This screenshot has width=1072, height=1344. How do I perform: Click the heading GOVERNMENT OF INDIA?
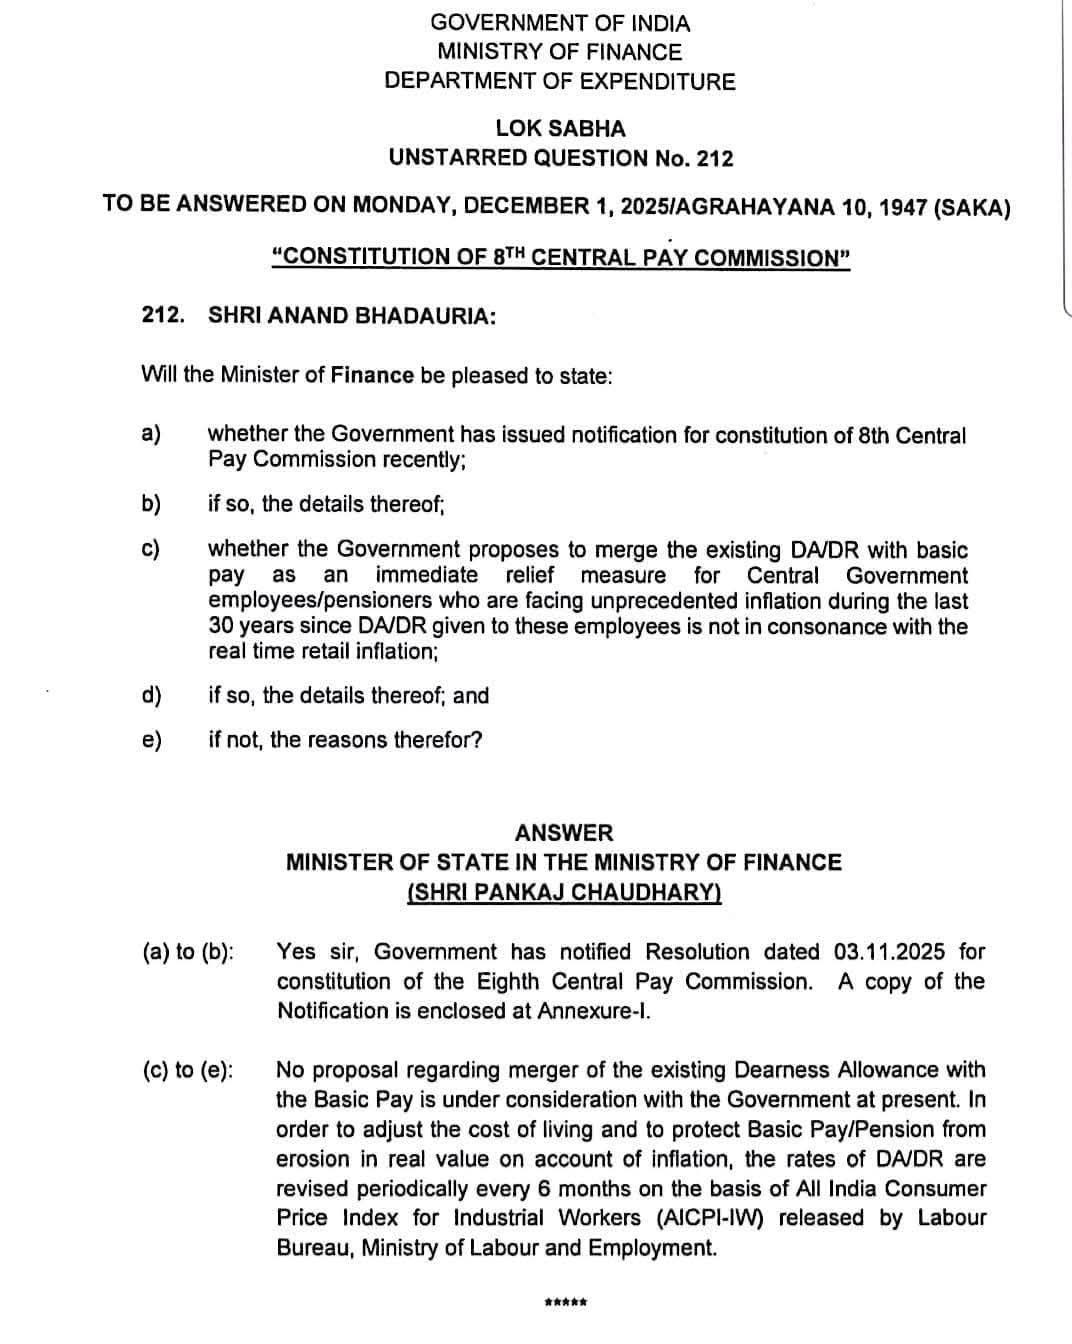[x=560, y=22]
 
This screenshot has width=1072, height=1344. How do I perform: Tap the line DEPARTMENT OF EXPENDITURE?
[x=560, y=81]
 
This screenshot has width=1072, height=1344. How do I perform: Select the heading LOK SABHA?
[x=560, y=128]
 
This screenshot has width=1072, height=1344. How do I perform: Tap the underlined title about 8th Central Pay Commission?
[x=561, y=257]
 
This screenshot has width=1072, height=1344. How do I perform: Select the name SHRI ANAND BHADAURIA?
[x=351, y=315]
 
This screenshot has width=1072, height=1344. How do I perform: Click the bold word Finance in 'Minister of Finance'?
[x=372, y=375]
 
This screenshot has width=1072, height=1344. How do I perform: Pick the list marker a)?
[x=152, y=435]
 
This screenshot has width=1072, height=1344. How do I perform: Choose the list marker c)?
[x=152, y=550]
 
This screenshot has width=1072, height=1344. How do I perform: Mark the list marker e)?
[x=152, y=740]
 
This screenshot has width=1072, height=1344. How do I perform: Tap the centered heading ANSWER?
[x=564, y=832]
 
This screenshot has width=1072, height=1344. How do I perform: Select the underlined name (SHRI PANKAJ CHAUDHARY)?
[x=564, y=891]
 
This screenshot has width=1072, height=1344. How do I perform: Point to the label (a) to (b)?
[x=189, y=951]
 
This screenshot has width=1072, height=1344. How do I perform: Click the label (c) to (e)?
[x=189, y=1070]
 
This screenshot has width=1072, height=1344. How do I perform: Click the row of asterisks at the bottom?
[x=565, y=1302]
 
